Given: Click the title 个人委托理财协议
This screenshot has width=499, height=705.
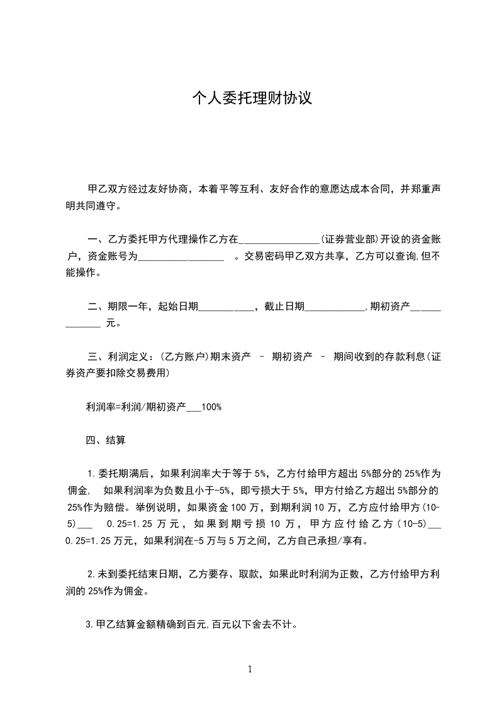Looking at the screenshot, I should click(252, 99).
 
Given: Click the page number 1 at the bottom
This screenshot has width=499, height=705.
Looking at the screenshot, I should click(250, 669).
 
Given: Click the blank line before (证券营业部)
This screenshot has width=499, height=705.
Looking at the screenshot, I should click(279, 239).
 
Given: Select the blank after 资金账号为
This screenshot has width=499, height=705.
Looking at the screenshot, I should click(181, 256).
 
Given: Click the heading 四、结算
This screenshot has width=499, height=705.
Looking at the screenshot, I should click(106, 440).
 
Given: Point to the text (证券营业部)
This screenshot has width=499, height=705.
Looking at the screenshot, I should click(349, 239).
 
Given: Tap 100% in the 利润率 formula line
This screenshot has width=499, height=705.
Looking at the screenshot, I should click(211, 407).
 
